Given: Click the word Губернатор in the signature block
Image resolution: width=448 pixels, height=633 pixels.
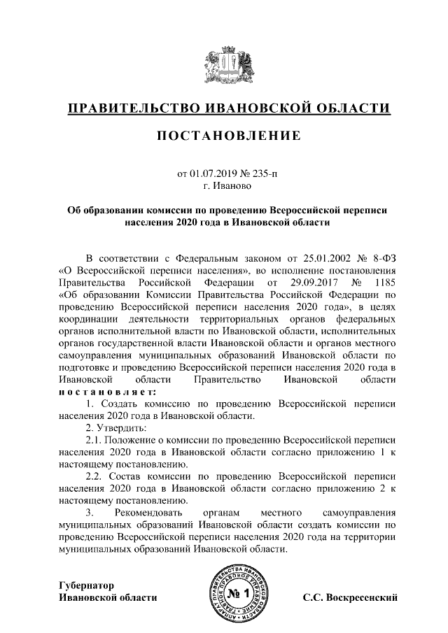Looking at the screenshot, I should coord(86,585).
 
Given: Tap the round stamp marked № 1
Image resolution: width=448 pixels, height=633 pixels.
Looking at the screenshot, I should coord(239,594).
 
